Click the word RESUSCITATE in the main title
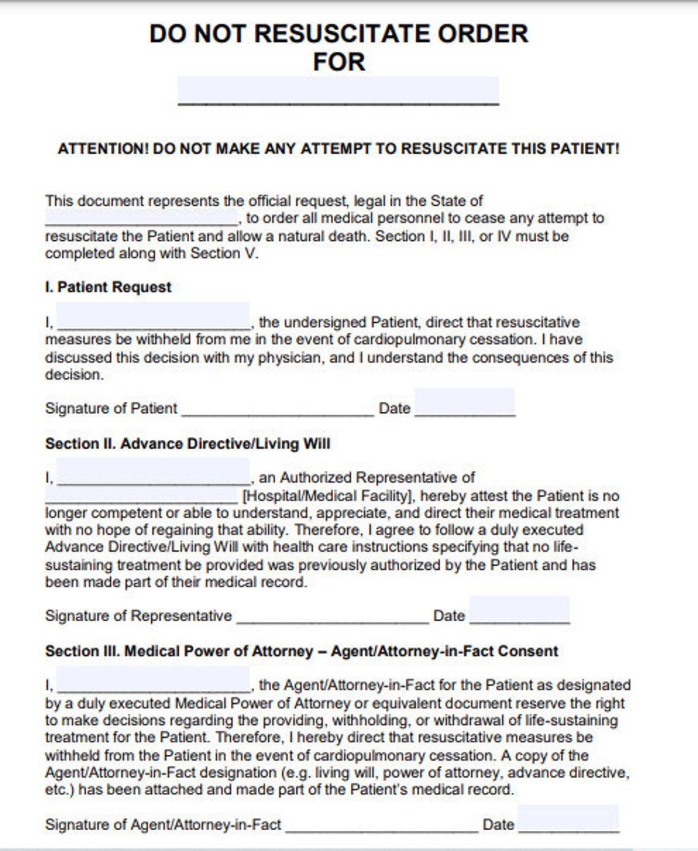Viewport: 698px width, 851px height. click(339, 34)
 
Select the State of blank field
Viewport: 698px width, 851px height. click(141, 217)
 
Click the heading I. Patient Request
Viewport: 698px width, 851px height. click(108, 287)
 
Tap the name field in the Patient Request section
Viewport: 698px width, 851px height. click(153, 317)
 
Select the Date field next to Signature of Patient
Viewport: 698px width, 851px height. click(464, 403)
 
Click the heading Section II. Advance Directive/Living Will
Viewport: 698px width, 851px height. click(187, 444)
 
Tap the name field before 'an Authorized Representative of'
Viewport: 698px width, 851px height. click(153, 472)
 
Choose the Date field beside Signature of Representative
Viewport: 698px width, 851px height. click(519, 610)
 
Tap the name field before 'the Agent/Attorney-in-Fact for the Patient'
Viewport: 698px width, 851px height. click(153, 679)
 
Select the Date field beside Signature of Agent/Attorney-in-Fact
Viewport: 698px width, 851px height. click(568, 819)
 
